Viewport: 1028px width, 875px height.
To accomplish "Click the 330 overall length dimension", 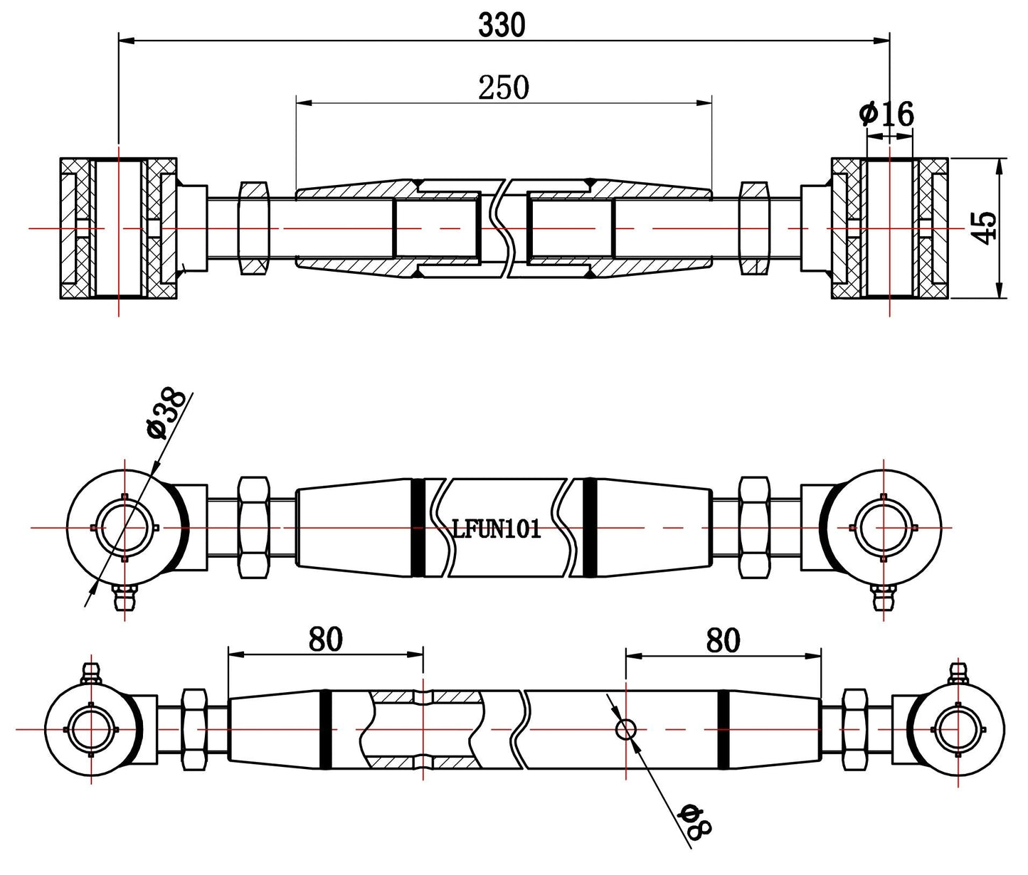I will click(x=502, y=26).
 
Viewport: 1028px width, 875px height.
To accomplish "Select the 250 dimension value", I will click(x=503, y=88).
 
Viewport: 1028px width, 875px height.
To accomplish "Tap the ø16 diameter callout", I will click(x=886, y=114).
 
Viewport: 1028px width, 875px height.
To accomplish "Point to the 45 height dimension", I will click(x=985, y=228).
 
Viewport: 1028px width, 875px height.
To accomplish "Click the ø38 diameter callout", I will click(x=166, y=413).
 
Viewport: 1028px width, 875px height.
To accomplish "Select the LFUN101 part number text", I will click(x=497, y=529).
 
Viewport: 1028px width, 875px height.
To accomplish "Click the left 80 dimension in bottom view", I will click(x=325, y=640).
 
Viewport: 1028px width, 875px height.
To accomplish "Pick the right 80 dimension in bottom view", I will click(x=723, y=640).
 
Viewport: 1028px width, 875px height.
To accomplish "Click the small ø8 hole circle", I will click(x=627, y=729).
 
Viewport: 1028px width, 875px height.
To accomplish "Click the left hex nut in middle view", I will click(x=255, y=527).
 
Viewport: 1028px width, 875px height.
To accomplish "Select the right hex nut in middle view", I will click(x=754, y=527).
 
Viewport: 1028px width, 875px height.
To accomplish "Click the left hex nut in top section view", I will click(x=254, y=228).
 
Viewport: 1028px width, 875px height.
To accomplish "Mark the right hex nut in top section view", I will click(x=754, y=228).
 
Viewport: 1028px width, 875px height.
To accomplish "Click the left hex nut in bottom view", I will click(x=194, y=730).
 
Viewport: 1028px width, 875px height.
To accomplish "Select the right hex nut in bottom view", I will click(x=854, y=730).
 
